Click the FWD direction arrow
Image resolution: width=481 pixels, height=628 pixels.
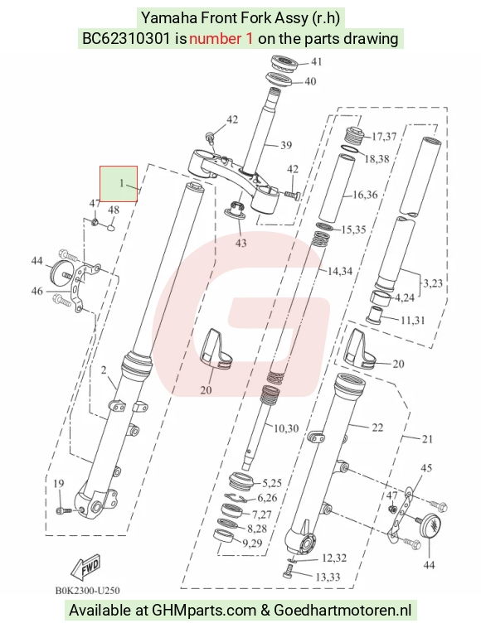[85, 568]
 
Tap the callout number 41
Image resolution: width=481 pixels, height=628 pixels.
[317, 61]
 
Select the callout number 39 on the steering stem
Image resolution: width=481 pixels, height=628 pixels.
[286, 145]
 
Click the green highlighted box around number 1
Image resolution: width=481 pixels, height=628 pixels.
[119, 184]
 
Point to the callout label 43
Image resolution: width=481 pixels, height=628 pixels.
[240, 243]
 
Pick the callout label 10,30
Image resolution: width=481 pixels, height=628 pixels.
[286, 428]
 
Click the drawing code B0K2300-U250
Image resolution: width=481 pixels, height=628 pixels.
[87, 591]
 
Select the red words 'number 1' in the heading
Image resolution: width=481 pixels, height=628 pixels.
[221, 39]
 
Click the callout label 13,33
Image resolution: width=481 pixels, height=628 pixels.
[328, 577]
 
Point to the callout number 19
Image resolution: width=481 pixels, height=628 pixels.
[59, 483]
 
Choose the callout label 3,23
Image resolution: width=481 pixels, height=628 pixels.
[433, 283]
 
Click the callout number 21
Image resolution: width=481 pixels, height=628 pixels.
[427, 439]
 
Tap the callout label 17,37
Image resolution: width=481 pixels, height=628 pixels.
[384, 137]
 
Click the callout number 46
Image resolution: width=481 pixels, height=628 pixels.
[36, 291]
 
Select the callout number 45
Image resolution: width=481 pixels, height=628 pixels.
[426, 468]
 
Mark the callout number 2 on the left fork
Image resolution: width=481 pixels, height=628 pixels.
[104, 370]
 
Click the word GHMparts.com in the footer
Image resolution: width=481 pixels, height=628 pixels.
[204, 611]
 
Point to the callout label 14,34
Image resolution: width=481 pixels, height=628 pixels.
[340, 271]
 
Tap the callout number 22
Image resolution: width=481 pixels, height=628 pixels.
[377, 428]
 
